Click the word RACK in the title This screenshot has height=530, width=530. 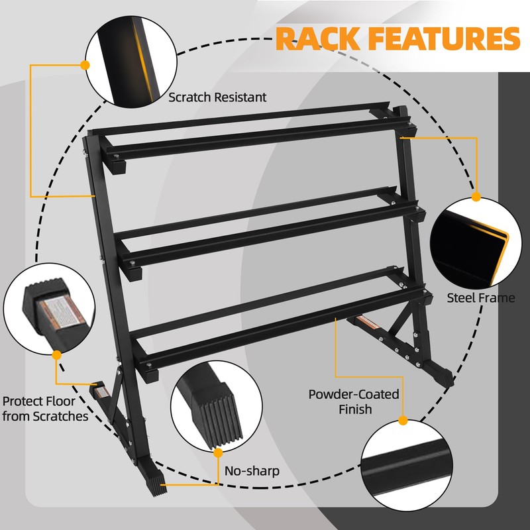[x=317, y=38]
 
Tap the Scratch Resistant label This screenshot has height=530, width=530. [x=217, y=97]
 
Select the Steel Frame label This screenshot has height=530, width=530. [x=481, y=297]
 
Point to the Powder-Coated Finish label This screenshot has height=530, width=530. [x=354, y=402]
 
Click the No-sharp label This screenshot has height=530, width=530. [x=251, y=471]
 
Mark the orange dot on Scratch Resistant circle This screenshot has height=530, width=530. [x=85, y=65]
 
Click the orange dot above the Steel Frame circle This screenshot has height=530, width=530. [x=476, y=197]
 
